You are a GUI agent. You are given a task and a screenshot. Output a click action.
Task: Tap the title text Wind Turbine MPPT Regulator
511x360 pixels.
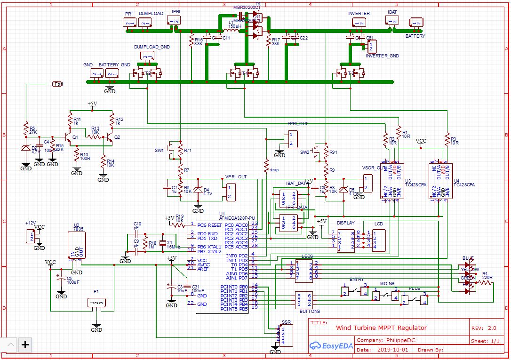pyautogui.click(x=381, y=328)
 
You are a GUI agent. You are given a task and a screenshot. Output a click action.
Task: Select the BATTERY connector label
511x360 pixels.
pyautogui.click(x=415, y=36)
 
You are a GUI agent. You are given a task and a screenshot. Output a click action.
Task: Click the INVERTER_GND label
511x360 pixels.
pyautogui.click(x=382, y=56)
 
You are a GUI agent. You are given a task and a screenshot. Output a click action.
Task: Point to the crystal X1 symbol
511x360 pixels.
pyautogui.click(x=163, y=243)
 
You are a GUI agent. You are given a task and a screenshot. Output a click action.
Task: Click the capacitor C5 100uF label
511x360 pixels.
pyautogui.click(x=73, y=280)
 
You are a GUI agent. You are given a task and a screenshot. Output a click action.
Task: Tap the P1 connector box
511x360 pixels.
pyautogui.click(x=96, y=303)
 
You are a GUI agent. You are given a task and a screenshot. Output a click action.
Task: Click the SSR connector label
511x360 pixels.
pyautogui.click(x=286, y=323)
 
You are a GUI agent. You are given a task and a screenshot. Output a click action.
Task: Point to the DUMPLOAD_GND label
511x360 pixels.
pyautogui.click(x=152, y=47)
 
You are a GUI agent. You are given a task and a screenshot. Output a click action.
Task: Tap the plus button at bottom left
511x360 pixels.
pyautogui.click(x=25, y=345)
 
